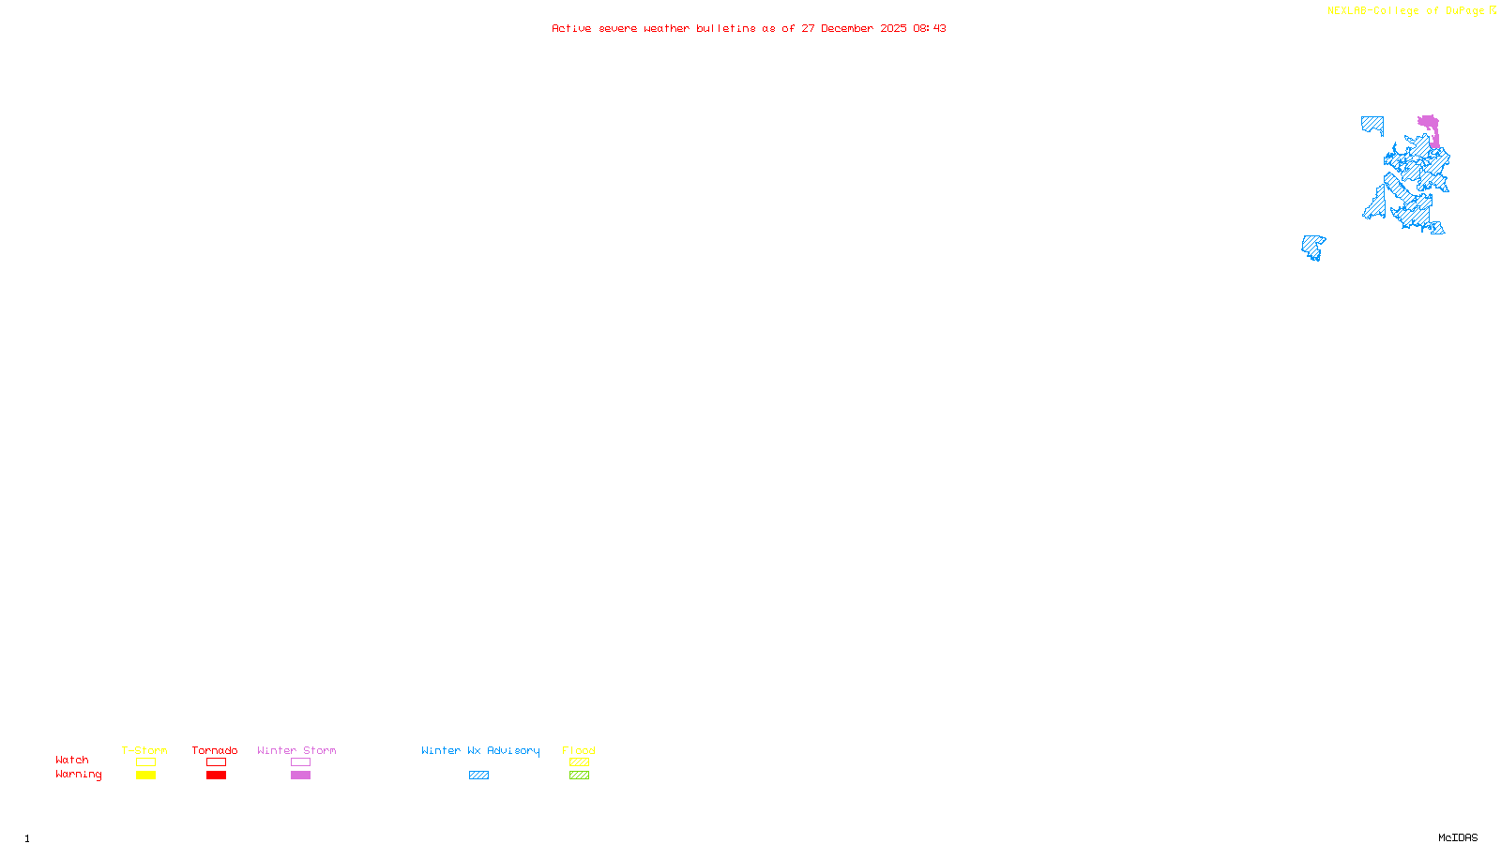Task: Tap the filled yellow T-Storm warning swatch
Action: pos(145,776)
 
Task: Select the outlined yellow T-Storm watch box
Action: pos(145,762)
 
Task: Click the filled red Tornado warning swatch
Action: pos(216,776)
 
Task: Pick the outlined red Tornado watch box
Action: pos(216,762)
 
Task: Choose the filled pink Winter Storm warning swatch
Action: pos(300,776)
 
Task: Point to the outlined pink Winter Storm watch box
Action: pos(300,762)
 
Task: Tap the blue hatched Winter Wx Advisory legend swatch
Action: pos(478,776)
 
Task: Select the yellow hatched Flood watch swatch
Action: pos(579,762)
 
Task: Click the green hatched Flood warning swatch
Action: pos(579,776)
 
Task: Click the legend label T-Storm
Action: pos(144,750)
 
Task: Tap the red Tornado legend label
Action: pos(215,750)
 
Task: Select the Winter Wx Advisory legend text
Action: pos(480,750)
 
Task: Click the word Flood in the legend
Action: pos(579,750)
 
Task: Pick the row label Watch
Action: pos(72,760)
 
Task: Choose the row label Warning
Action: pos(79,775)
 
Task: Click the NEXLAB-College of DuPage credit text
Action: pos(1406,11)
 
